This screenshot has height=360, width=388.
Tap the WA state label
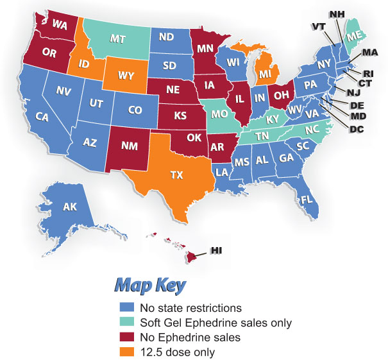point(60,25)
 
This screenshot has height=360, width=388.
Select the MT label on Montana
point(117,39)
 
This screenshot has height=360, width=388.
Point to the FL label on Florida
point(307,200)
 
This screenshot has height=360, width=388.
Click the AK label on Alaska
point(70,207)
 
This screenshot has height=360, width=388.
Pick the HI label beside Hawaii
point(217,250)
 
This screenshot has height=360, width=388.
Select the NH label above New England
point(337,14)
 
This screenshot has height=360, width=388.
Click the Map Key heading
point(150,284)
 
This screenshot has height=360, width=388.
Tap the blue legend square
point(124,307)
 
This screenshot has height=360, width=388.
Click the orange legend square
point(124,352)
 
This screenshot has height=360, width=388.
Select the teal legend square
point(124,322)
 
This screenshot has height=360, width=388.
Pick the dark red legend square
point(124,337)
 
